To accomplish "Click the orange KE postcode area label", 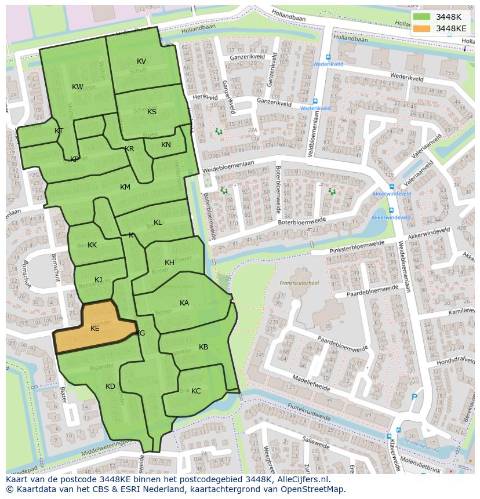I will (x=94, y=329).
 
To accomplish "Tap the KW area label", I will (x=78, y=87).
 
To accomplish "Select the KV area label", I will (x=141, y=61).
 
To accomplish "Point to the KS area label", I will (x=152, y=112).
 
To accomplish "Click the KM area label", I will (x=125, y=187).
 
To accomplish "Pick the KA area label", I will (x=184, y=303).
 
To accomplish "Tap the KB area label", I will (x=203, y=347).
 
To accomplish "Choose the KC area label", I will (x=196, y=391).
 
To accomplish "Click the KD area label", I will (x=110, y=387).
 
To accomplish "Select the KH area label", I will (x=169, y=263).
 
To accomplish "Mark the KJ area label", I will (x=99, y=280).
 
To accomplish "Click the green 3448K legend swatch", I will (x=421, y=17).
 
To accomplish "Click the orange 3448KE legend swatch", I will (x=421, y=28).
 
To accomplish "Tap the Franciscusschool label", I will (x=299, y=283).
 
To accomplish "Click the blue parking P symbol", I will (x=413, y=397).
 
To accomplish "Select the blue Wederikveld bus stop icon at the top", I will (x=329, y=57).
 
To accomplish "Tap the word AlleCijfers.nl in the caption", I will (x=301, y=479).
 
